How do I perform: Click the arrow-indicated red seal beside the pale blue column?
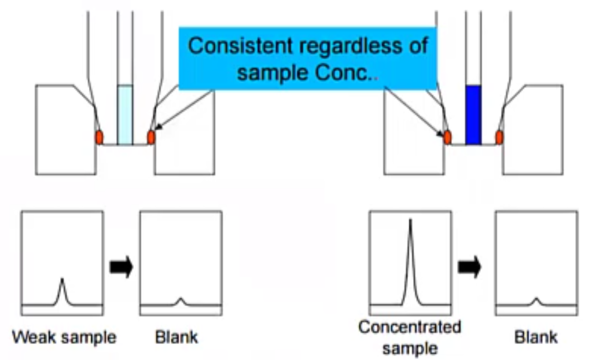[151, 137]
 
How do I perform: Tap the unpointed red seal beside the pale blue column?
[99, 137]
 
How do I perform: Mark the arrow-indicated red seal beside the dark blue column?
[447, 137]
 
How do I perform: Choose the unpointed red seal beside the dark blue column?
[499, 137]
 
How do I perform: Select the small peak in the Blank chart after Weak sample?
[181, 300]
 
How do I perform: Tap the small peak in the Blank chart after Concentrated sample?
[536, 300]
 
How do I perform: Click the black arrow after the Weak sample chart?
[122, 267]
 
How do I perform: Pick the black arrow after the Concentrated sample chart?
[470, 267]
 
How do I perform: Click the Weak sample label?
[64, 336]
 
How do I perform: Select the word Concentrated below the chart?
[410, 328]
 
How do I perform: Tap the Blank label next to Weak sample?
[177, 336]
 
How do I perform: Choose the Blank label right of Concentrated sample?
[536, 336]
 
